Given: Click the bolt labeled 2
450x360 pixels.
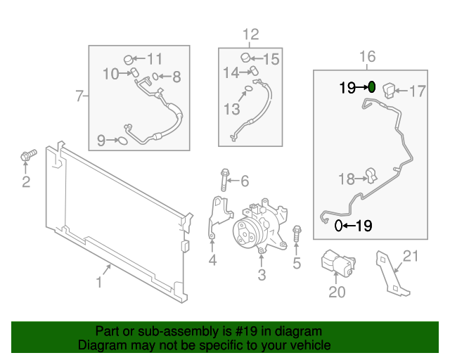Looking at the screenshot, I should coord(26,155).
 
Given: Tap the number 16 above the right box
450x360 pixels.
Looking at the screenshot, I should coord(368,56).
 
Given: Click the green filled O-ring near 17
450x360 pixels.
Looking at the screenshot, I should coord(373,88).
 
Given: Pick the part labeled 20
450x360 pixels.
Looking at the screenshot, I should coord(337,264).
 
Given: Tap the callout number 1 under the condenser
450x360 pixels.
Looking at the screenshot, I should coord(99,283).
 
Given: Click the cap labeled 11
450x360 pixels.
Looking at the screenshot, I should coord(129,58).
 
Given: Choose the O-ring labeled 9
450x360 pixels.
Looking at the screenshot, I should coord(121,141).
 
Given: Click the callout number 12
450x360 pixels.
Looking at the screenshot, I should coord(250,34).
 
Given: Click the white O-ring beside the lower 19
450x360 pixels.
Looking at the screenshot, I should coord(339,226).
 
